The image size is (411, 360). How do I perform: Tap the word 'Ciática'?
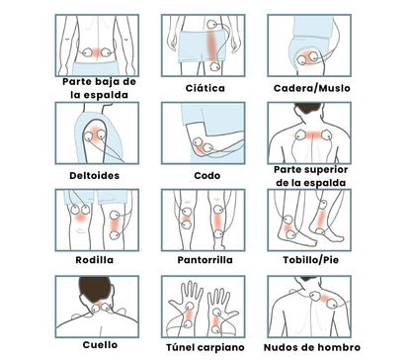[x=205, y=88]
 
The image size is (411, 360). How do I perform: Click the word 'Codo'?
[x=205, y=175]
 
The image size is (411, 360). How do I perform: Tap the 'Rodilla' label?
[x=99, y=261]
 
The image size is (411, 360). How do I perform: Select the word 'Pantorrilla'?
[x=205, y=261]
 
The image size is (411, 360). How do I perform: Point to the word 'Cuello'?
[x=99, y=345]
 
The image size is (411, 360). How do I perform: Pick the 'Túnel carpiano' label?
[x=205, y=346]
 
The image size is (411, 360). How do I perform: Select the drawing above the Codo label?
[x=205, y=133]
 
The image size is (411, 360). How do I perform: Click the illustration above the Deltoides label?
[x=99, y=133]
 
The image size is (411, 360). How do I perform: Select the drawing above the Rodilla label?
[x=99, y=220]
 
